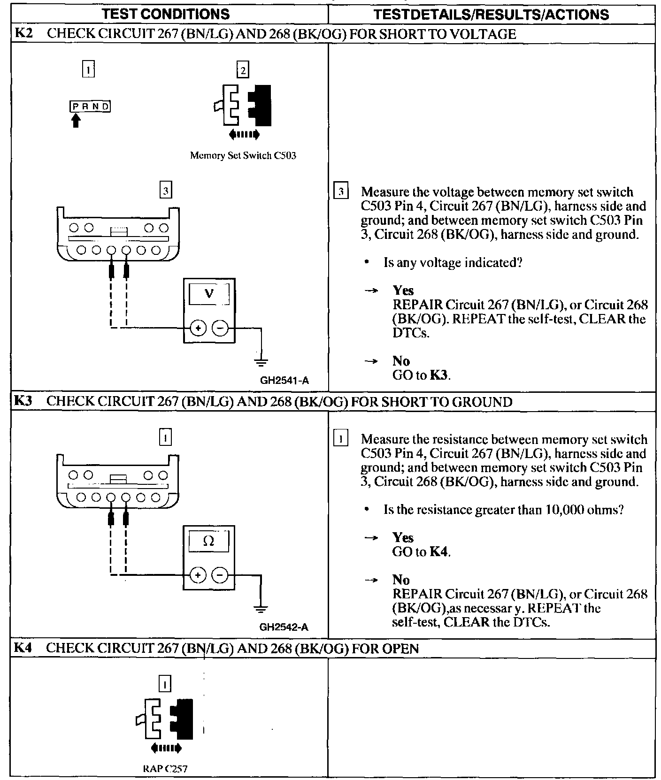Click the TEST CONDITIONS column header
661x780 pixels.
(x=166, y=14)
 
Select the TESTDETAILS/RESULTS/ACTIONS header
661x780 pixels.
(x=491, y=14)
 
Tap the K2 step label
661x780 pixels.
(x=23, y=34)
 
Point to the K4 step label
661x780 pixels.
(x=22, y=648)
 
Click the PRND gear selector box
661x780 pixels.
(x=91, y=107)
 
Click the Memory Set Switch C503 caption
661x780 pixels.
(x=243, y=155)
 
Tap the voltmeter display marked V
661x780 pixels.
(x=209, y=294)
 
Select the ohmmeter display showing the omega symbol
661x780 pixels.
(x=209, y=542)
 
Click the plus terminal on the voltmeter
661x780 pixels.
(x=198, y=328)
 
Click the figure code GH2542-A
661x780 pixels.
(x=284, y=627)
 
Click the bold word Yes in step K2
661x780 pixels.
(x=403, y=291)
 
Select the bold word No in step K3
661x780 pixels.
(x=401, y=580)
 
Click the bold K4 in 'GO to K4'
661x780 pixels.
(x=439, y=552)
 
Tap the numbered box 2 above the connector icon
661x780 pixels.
(x=243, y=70)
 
